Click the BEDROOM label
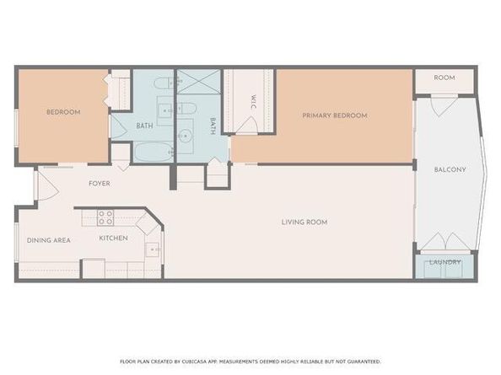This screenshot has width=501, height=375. (x=63, y=112)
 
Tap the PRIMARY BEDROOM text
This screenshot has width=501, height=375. (x=336, y=115)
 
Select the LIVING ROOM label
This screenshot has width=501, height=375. (x=304, y=222)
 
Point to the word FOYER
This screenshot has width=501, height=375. (x=100, y=183)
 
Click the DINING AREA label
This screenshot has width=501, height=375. (x=48, y=240)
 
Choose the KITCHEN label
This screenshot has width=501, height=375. (x=113, y=238)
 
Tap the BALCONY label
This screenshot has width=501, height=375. (x=450, y=169)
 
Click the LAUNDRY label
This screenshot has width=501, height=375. (x=444, y=262)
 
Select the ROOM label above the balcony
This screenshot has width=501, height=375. (x=444, y=78)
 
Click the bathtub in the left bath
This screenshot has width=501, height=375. (x=154, y=153)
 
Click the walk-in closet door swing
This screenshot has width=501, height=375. (x=247, y=125)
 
